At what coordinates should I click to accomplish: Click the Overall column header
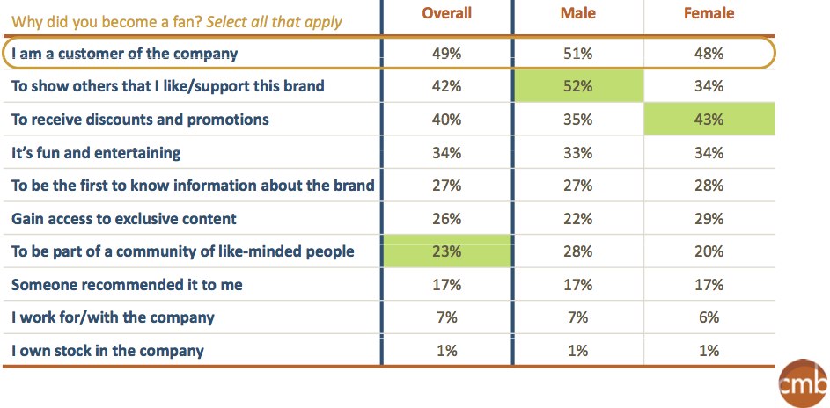[446, 14]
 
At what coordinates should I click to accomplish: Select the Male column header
[577, 14]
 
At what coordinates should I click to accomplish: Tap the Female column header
[709, 14]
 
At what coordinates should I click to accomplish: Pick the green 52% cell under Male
[577, 86]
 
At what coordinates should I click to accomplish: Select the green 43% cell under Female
[709, 120]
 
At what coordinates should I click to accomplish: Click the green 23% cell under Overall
[446, 251]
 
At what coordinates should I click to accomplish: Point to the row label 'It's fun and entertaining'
[96, 153]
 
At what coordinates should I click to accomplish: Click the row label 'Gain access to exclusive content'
[124, 219]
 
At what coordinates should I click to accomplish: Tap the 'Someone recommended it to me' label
[127, 285]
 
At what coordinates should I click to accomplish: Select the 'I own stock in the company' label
[107, 351]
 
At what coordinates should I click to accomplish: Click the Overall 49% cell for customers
[446, 54]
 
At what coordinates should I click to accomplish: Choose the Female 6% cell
[709, 317]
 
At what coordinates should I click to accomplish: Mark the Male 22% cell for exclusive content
[577, 219]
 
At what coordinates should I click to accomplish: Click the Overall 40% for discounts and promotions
[446, 120]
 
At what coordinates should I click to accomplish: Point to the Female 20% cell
[709, 251]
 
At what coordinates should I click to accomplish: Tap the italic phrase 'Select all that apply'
[275, 21]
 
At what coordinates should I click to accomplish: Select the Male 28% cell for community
[577, 251]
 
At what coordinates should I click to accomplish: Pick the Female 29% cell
[709, 219]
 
